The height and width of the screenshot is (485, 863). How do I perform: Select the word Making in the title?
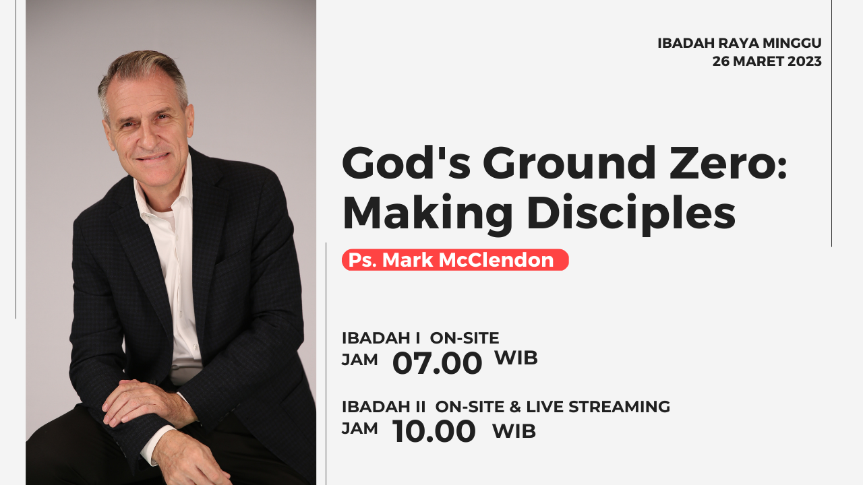[427, 215]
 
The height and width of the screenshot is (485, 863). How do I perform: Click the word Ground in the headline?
[570, 162]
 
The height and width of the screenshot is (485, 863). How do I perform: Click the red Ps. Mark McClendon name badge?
[455, 260]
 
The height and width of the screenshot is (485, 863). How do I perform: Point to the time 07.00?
[438, 363]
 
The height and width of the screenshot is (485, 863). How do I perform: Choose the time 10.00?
[434, 431]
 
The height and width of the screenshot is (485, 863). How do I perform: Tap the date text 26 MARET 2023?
[767, 61]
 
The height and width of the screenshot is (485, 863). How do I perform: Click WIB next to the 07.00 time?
[516, 358]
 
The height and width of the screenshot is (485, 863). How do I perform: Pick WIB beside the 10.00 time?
[514, 431]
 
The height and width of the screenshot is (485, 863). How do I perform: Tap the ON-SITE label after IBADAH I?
[465, 338]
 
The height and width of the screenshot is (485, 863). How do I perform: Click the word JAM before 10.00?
[359, 428]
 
